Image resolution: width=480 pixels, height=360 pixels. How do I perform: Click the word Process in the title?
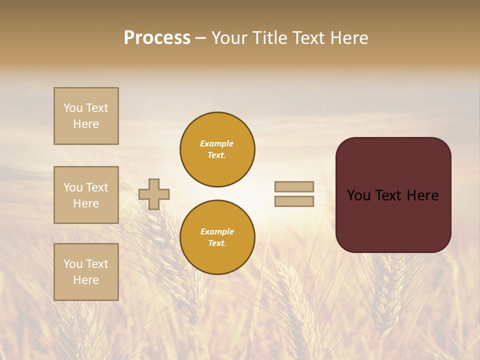[157, 38]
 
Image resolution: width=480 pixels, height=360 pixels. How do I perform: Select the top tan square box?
[86, 116]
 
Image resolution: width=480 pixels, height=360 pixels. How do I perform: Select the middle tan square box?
[86, 195]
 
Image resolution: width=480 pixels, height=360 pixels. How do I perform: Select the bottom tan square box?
[86, 272]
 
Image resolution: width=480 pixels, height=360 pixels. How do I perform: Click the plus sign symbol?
[154, 194]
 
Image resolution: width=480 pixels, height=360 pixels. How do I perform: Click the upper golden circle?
[217, 149]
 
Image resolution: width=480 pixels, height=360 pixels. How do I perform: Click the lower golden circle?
[217, 237]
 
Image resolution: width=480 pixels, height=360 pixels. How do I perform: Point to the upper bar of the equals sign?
[294, 186]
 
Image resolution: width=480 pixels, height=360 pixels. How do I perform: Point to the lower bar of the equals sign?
[294, 201]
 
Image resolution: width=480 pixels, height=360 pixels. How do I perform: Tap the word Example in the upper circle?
[216, 143]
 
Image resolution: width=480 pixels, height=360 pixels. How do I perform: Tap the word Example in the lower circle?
[217, 231]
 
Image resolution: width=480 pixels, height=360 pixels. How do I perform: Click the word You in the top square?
[73, 108]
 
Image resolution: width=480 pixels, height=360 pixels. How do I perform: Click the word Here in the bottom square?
[86, 280]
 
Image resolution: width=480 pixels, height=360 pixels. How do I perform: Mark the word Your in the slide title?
[229, 38]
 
